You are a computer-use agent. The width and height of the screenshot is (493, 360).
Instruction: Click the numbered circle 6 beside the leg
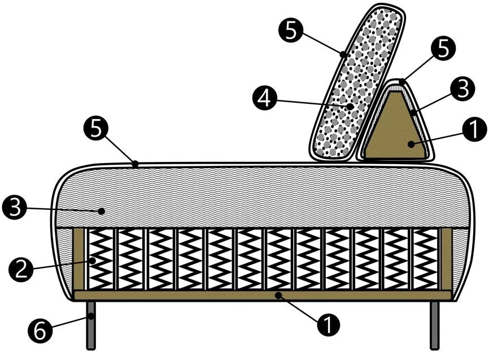click(40, 331)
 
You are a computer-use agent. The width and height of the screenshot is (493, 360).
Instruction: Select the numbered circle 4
click(265, 99)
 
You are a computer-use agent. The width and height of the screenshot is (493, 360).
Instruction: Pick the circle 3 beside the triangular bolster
click(463, 89)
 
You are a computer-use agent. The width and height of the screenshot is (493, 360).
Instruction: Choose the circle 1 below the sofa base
click(328, 324)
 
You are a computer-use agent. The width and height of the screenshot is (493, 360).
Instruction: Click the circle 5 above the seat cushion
click(96, 129)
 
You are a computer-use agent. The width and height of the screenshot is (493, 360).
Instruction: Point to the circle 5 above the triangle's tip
click(443, 49)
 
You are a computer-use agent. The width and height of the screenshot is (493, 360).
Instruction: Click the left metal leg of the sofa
click(91, 326)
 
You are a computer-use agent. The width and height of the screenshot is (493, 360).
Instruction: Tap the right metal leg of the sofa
click(434, 326)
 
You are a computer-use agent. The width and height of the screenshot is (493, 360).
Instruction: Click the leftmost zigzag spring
click(101, 259)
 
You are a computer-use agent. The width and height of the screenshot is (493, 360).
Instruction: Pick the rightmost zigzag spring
click(425, 259)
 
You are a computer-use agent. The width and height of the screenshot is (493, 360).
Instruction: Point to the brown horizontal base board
click(263, 295)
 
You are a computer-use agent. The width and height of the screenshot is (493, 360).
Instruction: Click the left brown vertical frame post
click(79, 259)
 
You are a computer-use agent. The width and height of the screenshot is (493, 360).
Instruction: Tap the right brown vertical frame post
click(446, 259)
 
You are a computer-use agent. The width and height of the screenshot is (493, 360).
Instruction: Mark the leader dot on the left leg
click(91, 317)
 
